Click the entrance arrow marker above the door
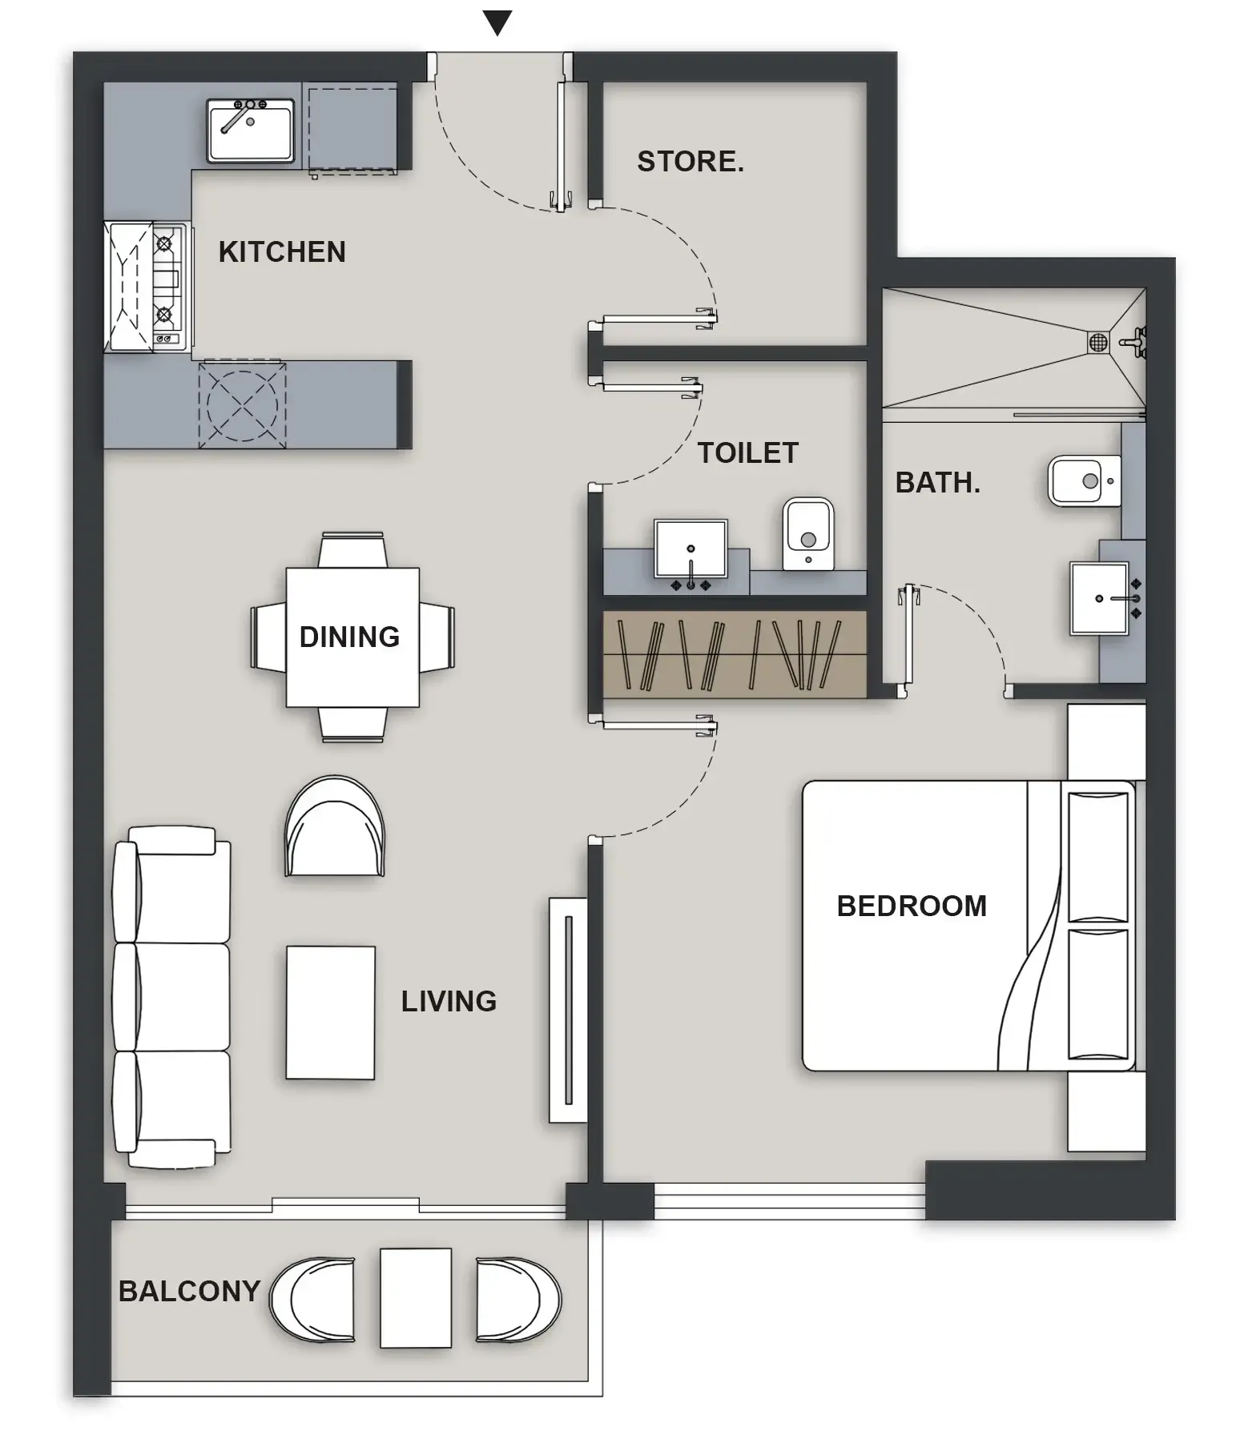tap(497, 22)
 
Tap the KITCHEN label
tap(282, 252)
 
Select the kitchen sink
tap(250, 130)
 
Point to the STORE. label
tap(690, 162)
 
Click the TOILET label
tap(747, 453)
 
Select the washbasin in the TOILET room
tap(690, 549)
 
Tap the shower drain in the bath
tap(1097, 343)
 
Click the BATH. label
tap(937, 483)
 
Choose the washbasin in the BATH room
tap(1099, 598)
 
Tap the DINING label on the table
tap(350, 637)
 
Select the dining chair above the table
tap(352, 550)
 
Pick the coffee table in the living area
tap(330, 1012)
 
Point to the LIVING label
tap(449, 1002)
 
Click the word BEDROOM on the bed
tap(911, 906)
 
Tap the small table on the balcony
tap(415, 1298)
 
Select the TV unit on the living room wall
tap(567, 1010)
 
